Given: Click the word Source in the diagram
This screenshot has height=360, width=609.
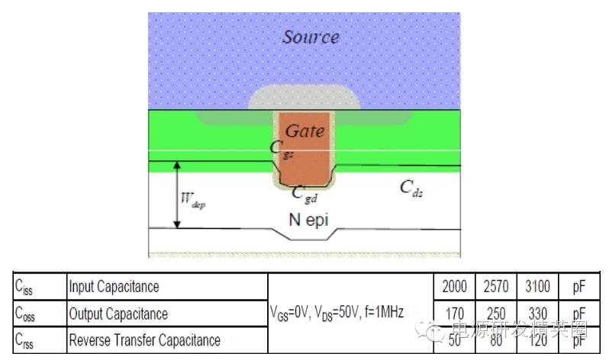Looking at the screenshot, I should [311, 36].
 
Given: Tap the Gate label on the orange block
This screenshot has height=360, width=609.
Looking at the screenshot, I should [305, 131].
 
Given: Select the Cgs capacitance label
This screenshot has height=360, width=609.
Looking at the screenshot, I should [279, 149].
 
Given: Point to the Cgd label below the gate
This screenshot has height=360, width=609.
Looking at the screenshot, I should [305, 194].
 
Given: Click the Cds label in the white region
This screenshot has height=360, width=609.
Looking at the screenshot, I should [412, 188].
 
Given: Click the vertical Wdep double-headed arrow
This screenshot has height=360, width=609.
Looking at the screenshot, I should [176, 194].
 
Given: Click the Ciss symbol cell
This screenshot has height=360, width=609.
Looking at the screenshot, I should [27, 288].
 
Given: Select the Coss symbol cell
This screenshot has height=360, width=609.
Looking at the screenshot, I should [28, 313].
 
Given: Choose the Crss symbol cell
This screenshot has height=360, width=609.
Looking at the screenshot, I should [27, 339].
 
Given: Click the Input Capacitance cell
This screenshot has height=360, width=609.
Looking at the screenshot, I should [114, 287].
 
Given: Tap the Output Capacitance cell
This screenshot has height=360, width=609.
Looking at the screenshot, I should [118, 313].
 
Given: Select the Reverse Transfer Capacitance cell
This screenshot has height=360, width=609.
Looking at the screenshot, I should [144, 339].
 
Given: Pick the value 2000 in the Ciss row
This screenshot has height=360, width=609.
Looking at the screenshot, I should [455, 287].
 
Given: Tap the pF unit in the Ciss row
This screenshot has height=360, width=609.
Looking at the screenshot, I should [579, 287].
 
